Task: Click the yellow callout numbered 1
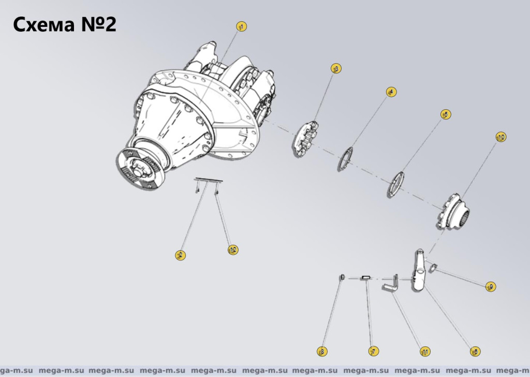pos(241,26)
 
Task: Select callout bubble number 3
pos(336,68)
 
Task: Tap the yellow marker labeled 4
pos(392,92)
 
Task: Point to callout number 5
pos(445,114)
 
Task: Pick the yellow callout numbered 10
pos(500,137)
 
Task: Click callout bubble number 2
pos(180,255)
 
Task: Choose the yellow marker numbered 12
pos(233,250)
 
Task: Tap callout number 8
pos(322,352)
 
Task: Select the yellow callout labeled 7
pos(372,352)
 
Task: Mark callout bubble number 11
pos(424,352)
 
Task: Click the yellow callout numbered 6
pos(474,352)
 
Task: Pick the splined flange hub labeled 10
pos(454,212)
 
